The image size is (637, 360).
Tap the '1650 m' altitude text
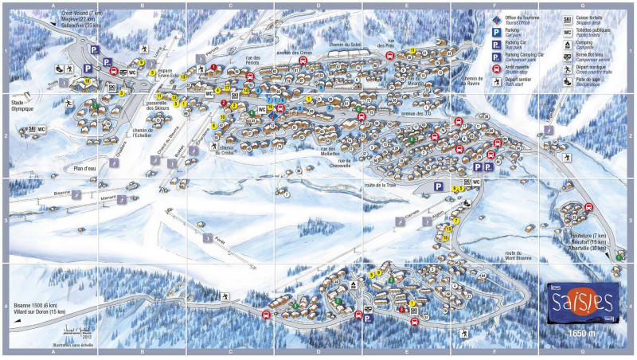pos(581,332)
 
